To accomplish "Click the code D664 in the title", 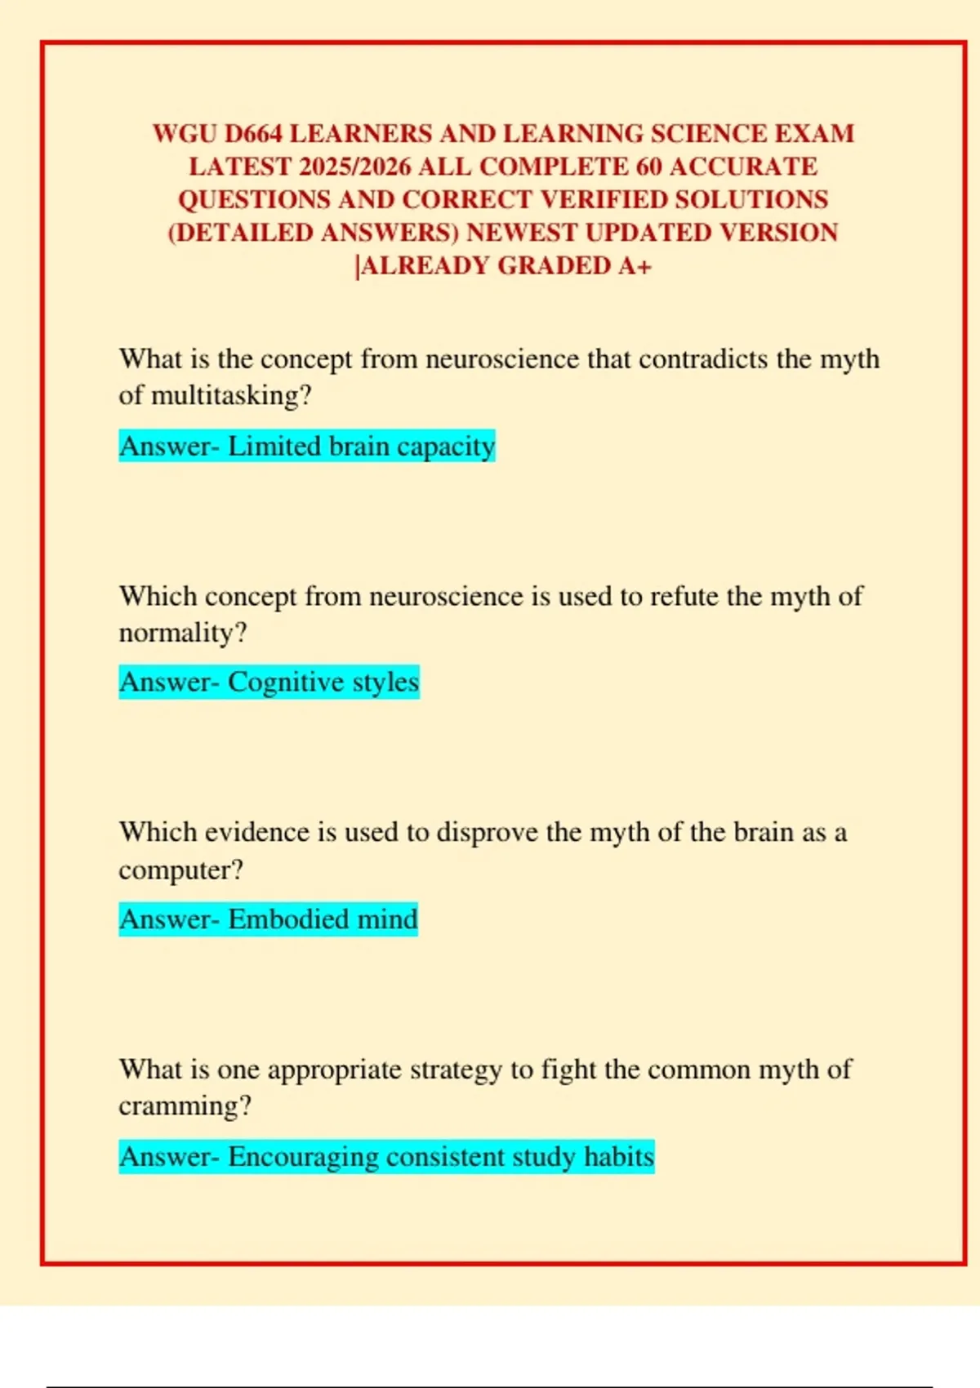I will point(253,134).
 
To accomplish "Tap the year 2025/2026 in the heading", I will point(355,167).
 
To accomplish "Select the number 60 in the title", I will point(648,167).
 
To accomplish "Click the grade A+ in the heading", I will point(635,266).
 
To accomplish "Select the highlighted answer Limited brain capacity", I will point(307,447).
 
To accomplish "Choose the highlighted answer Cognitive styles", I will point(269,683).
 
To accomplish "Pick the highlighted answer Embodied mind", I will point(268,919).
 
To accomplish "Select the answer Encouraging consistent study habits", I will point(386,1157).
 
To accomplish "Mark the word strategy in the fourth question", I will point(456,1070).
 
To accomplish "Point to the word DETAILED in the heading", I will point(243,234).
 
